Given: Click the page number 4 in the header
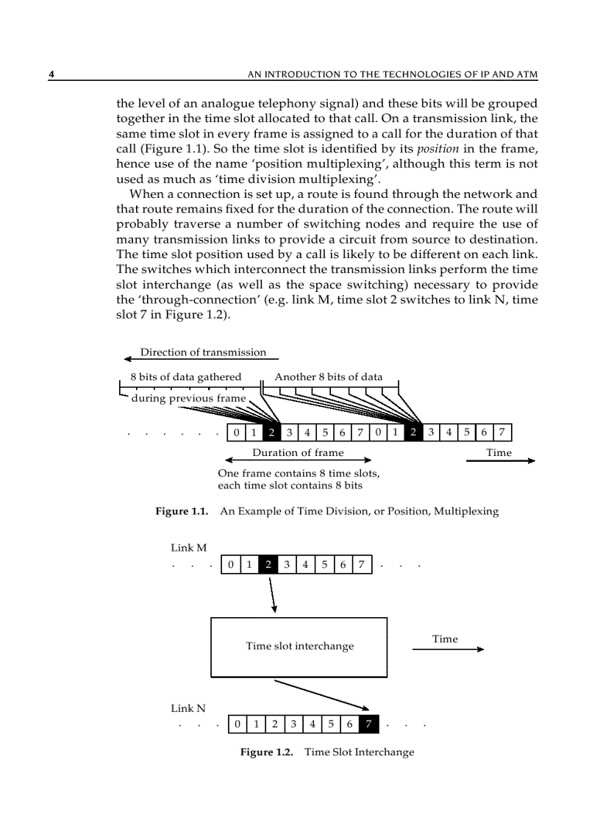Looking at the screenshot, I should (x=51, y=74).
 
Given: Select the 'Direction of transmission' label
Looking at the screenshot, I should (x=203, y=352).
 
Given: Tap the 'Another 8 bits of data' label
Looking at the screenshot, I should (x=328, y=377).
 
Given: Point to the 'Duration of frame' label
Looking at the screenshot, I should (x=298, y=452).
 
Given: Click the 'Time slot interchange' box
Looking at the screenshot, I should (x=299, y=647).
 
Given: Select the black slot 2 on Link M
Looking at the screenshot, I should (x=268, y=565).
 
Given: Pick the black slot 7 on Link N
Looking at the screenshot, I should (x=368, y=724).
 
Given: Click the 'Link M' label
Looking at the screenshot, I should (x=189, y=548).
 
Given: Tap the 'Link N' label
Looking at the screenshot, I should (x=188, y=708).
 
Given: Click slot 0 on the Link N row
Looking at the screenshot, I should (x=238, y=724).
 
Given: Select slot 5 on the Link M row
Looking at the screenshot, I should (x=324, y=565).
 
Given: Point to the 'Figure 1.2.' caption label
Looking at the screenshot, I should (x=267, y=752).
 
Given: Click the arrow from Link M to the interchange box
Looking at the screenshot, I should (x=272, y=594).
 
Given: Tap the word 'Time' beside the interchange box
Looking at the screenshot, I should (x=445, y=639).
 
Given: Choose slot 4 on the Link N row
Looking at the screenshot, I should (x=312, y=724).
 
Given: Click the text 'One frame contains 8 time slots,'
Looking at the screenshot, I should (x=299, y=473).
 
